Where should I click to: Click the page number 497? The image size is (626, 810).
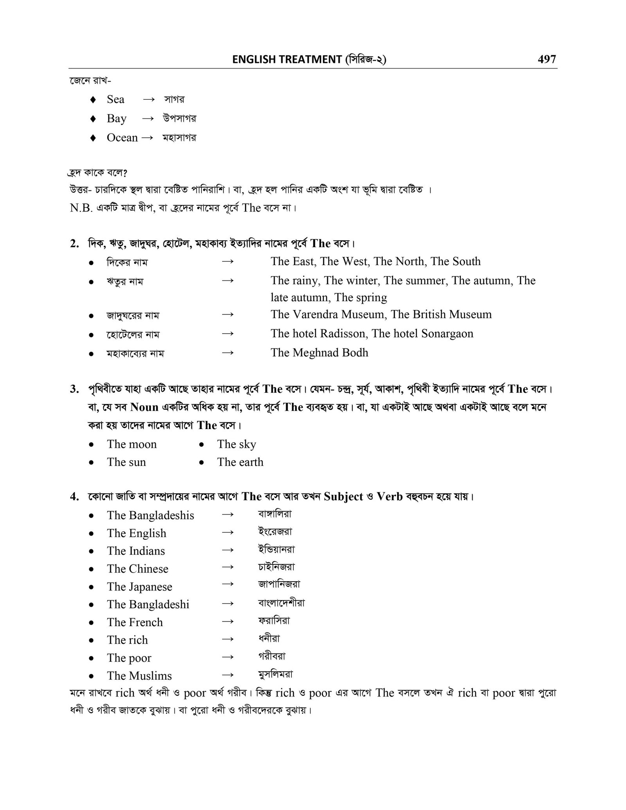(547, 59)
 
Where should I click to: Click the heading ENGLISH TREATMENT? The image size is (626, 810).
(287, 59)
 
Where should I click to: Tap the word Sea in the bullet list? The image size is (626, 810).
(115, 99)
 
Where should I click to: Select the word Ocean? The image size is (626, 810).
(122, 138)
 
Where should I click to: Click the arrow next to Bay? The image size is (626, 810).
(148, 119)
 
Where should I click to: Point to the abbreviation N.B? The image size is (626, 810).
(81, 208)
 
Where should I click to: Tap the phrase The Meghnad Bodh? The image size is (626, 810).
(319, 353)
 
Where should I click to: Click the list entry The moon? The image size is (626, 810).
(131, 444)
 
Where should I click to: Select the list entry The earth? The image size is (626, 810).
(240, 462)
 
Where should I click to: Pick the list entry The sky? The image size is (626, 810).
(236, 444)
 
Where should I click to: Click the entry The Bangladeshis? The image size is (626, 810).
(150, 515)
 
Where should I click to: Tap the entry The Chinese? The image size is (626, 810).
(137, 569)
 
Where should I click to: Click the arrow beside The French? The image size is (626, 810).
(227, 621)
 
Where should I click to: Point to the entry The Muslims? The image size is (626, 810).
(139, 676)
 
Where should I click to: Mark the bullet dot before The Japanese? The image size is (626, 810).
(91, 587)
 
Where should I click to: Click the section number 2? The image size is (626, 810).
(74, 244)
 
